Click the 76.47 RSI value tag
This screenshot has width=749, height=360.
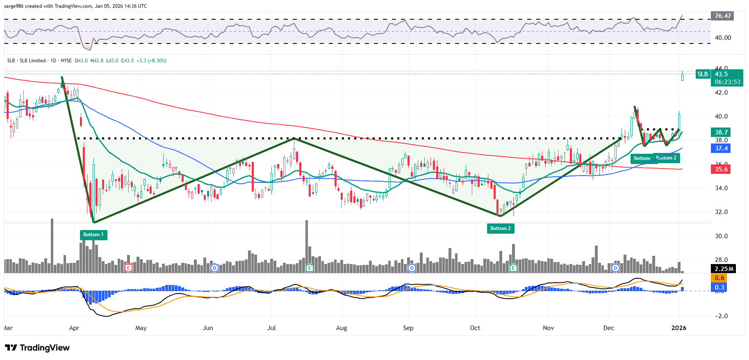pos(722,16)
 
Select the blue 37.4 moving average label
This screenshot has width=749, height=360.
pos(721,148)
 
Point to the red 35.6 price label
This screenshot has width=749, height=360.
pos(721,169)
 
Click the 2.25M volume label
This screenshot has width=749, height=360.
pos(724,269)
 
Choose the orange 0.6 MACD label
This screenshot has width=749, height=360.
pos(719,278)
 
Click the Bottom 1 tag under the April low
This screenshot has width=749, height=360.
pos(93,235)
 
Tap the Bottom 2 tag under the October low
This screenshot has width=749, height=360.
pos(500,228)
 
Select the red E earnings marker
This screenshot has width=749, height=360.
pos(128,268)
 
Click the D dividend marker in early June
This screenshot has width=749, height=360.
pos(214,268)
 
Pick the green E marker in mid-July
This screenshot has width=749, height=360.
pos(310,268)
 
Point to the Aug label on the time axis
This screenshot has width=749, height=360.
pos(341,328)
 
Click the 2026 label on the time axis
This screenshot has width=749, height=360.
pos(678,328)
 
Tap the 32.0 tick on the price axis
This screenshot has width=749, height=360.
pos(721,212)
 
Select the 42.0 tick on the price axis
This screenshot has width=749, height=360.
pos(721,93)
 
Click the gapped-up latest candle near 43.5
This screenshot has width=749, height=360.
pos(682,76)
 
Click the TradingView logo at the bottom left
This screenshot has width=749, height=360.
pos(37,348)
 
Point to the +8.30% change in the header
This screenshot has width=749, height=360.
pos(157,61)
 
